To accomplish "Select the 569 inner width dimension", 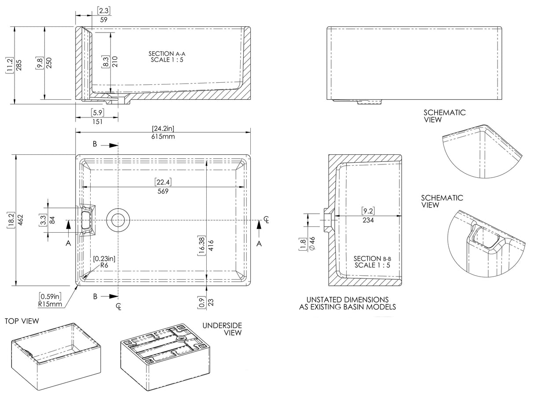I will (163, 191).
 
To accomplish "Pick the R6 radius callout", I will (104, 266).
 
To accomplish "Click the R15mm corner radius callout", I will (50, 303).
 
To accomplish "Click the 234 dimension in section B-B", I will (368, 220).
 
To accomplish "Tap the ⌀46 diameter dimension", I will (313, 243).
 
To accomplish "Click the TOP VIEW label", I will (22, 321).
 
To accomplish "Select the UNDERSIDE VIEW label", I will (222, 328).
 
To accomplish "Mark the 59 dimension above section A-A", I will (103, 19).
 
